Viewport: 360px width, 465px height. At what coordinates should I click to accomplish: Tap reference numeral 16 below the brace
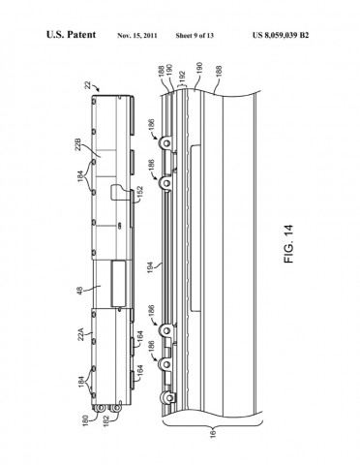211,436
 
